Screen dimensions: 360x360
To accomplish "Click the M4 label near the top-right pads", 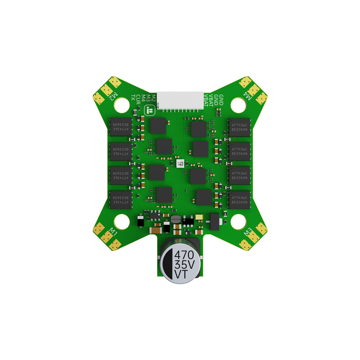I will [248, 96].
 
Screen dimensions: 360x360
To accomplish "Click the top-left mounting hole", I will [121, 105].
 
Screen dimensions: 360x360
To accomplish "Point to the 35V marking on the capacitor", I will [184, 265].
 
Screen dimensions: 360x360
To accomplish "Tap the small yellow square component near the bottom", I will [199, 217].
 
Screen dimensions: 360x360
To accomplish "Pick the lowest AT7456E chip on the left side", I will [121, 200].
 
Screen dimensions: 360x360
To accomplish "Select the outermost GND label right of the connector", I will [221, 100].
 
